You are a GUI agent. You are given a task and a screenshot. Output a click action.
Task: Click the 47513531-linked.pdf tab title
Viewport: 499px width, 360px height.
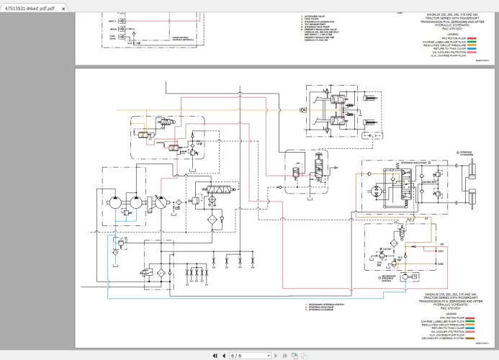30,6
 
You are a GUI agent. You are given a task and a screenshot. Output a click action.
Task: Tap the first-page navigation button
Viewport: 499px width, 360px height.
215,355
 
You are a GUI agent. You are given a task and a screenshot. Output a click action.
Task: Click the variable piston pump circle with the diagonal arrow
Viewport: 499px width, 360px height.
159,203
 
